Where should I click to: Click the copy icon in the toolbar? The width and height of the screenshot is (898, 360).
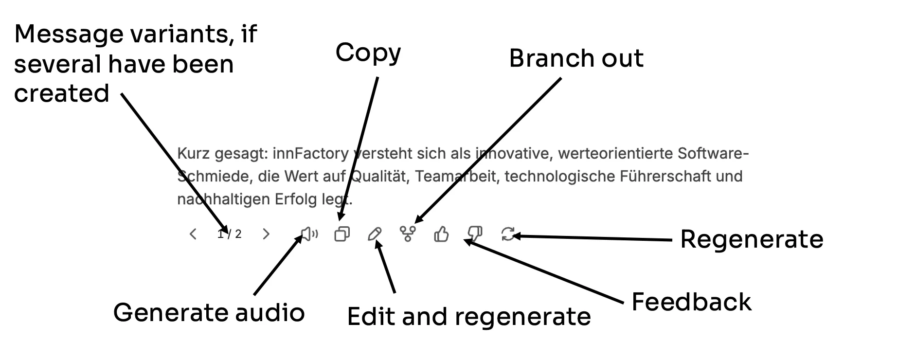342,234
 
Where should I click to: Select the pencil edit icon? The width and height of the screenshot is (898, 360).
375,234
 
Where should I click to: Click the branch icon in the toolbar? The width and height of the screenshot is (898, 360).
408,234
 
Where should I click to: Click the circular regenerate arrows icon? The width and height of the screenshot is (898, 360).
508,234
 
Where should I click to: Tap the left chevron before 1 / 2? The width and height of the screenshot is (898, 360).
193,234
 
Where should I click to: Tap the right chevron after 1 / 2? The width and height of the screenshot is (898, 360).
266,234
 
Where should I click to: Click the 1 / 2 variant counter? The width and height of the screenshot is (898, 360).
230,234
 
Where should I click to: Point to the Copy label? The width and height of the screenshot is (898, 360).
368,53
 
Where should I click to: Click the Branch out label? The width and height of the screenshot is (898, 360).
576,58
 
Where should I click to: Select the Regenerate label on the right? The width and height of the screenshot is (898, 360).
752,239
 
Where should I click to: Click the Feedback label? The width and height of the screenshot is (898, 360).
691,302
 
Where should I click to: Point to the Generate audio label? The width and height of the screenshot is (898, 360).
209,312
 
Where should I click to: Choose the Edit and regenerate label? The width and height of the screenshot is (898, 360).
469,317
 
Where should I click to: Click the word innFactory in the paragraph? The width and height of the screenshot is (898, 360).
310,154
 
